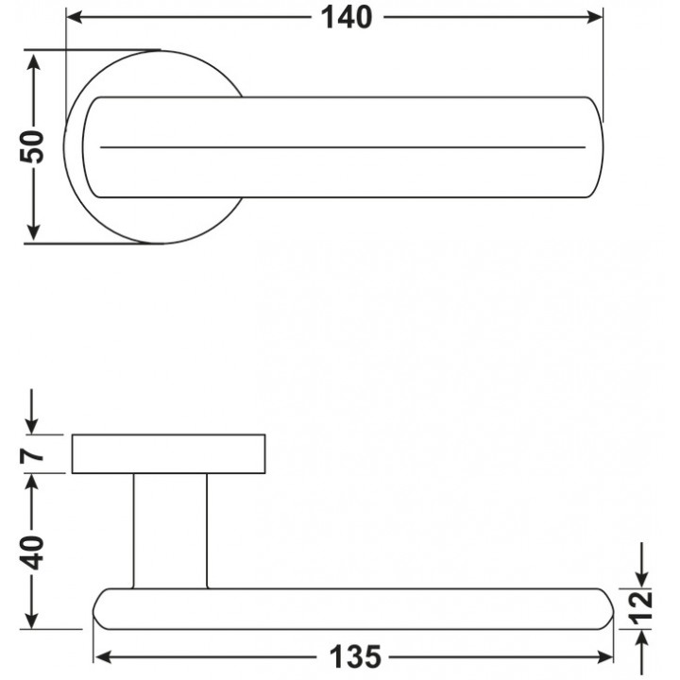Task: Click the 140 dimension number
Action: pos(346,18)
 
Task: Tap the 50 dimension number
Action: pos(32,146)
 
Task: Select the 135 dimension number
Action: pos(355,656)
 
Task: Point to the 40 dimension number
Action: pos(32,552)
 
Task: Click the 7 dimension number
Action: pos(32,455)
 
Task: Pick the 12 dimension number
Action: pos(641,607)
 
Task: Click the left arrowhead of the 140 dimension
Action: pos(75,17)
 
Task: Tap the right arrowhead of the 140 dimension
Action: pos(594,17)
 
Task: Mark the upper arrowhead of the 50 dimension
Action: pos(33,61)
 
